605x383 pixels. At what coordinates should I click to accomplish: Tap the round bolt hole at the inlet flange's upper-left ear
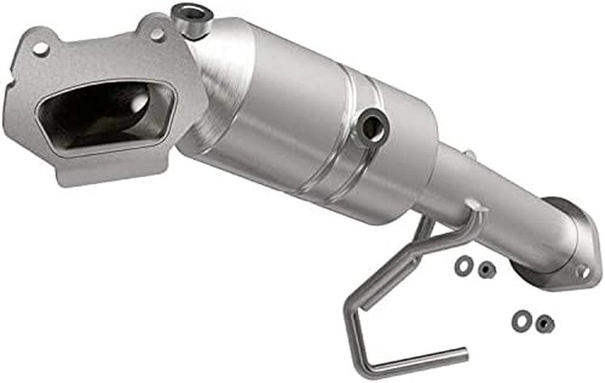[40, 48]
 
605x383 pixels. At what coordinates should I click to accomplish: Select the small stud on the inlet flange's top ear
[156, 34]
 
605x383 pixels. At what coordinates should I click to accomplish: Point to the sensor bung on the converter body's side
[372, 125]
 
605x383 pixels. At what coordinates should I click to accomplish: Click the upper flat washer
[463, 265]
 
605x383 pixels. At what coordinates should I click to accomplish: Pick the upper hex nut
[486, 270]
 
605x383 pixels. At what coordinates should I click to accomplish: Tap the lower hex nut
[544, 323]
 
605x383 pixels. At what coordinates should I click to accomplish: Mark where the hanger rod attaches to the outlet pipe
[476, 207]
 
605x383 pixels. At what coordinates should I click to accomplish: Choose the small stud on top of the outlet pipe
[470, 155]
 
